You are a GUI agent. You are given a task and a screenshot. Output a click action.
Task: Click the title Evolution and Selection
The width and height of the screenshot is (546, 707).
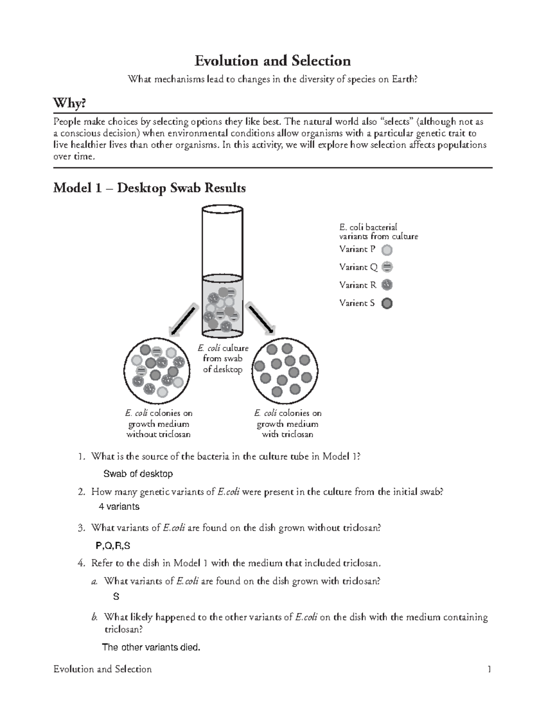[273, 61]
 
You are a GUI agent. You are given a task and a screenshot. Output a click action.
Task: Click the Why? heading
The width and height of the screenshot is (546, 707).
[69, 104]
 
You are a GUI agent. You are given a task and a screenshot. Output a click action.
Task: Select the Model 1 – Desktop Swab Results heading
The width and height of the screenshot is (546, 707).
[149, 188]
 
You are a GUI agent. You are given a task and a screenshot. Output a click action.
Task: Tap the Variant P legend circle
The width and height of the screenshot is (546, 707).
[387, 249]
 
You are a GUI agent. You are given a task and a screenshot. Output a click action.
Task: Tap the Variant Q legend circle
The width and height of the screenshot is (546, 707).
[387, 267]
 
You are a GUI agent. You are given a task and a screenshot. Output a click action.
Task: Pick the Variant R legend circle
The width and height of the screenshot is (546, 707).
[387, 285]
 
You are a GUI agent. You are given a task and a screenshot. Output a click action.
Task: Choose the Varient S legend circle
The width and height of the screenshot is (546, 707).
[387, 303]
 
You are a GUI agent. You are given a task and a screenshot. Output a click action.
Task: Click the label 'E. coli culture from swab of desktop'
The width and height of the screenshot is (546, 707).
[223, 359]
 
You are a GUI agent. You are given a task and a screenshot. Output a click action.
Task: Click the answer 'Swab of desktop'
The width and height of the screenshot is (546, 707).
[138, 474]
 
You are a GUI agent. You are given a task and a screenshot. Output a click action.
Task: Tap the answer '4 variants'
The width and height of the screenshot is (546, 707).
[119, 506]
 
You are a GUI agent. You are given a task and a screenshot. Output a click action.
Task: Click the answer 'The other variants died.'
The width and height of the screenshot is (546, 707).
[151, 647]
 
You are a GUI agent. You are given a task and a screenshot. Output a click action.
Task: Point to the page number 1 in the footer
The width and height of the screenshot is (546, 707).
[489, 669]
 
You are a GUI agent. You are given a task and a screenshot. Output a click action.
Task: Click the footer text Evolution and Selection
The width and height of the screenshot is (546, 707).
[102, 669]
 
